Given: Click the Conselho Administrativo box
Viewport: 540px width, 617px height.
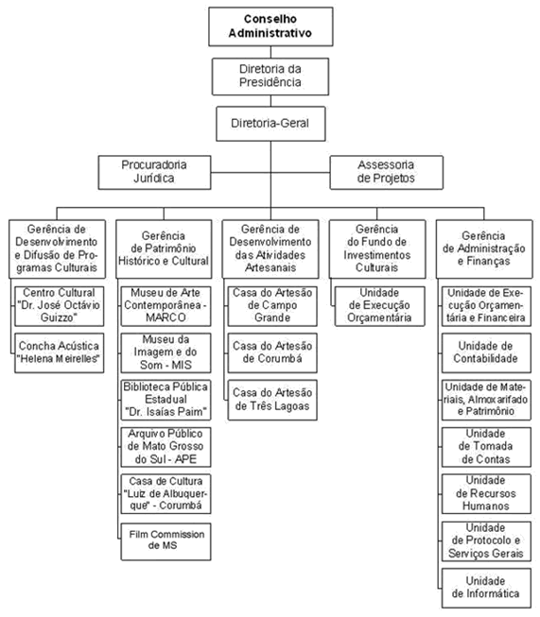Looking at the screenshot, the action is pyautogui.click(x=270, y=26).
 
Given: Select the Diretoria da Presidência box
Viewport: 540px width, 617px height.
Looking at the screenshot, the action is pyautogui.click(x=270, y=77).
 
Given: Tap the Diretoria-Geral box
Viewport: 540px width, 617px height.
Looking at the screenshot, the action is pyautogui.click(x=270, y=124).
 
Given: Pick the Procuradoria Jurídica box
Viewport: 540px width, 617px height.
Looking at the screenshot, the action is pyautogui.click(x=154, y=172).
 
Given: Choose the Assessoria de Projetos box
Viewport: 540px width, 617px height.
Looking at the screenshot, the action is pyautogui.click(x=387, y=172).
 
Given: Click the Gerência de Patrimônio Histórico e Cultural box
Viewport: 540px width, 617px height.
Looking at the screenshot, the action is pyautogui.click(x=164, y=249).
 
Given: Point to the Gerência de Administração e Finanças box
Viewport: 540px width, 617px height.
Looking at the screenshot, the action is pyautogui.click(x=484, y=249).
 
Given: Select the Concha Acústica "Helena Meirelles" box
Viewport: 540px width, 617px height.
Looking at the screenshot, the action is pyautogui.click(x=59, y=352).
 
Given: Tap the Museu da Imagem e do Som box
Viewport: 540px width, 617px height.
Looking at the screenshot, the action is pyautogui.click(x=165, y=352).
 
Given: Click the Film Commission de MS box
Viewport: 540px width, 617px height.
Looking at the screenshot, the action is pyautogui.click(x=165, y=541).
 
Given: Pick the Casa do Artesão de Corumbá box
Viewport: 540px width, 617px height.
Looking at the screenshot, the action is pyautogui.click(x=272, y=352).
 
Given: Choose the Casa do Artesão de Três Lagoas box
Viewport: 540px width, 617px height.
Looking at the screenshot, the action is pyautogui.click(x=272, y=400).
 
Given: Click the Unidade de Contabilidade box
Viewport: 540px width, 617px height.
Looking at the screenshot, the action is pyautogui.click(x=486, y=352).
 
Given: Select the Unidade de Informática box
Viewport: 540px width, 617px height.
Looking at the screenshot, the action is pyautogui.click(x=486, y=588).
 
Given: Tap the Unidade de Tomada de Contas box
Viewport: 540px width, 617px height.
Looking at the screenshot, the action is pyautogui.click(x=486, y=447).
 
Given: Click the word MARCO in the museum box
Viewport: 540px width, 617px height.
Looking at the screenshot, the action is pyautogui.click(x=165, y=317).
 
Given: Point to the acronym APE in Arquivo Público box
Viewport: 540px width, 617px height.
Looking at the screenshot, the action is pyautogui.click(x=185, y=459).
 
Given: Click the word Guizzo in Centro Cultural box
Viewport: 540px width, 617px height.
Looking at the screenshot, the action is pyautogui.click(x=59, y=317).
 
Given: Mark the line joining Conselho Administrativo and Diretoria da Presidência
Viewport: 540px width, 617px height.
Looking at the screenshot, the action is pyautogui.click(x=270, y=52).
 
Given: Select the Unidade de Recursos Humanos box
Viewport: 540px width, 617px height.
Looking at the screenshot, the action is pyautogui.click(x=486, y=493).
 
